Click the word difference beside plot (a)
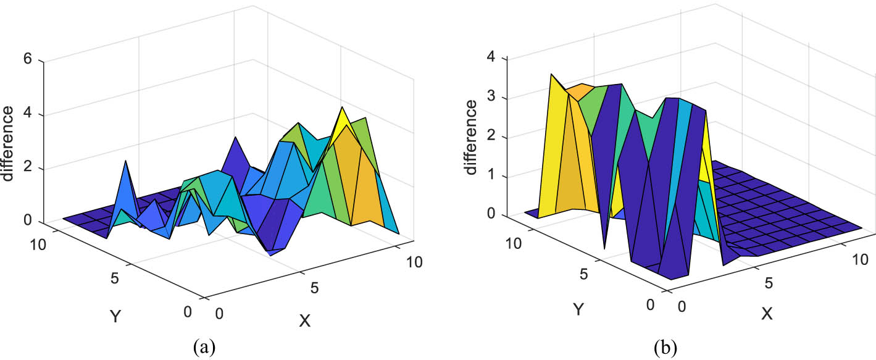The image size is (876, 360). (9, 143)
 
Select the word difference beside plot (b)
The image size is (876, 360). (471, 138)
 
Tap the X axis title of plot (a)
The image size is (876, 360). (304, 321)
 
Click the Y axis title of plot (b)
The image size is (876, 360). (578, 309)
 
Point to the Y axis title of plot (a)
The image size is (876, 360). (115, 317)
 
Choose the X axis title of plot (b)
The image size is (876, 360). (767, 314)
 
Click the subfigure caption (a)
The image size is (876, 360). (204, 347)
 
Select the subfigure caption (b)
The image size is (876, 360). (666, 347)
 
